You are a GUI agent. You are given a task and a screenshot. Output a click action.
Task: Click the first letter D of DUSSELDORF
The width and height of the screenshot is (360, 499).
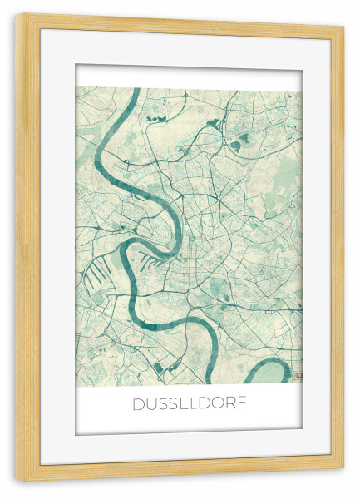[139, 405]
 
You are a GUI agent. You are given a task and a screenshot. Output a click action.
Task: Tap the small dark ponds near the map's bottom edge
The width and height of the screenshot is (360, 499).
[166, 367]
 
